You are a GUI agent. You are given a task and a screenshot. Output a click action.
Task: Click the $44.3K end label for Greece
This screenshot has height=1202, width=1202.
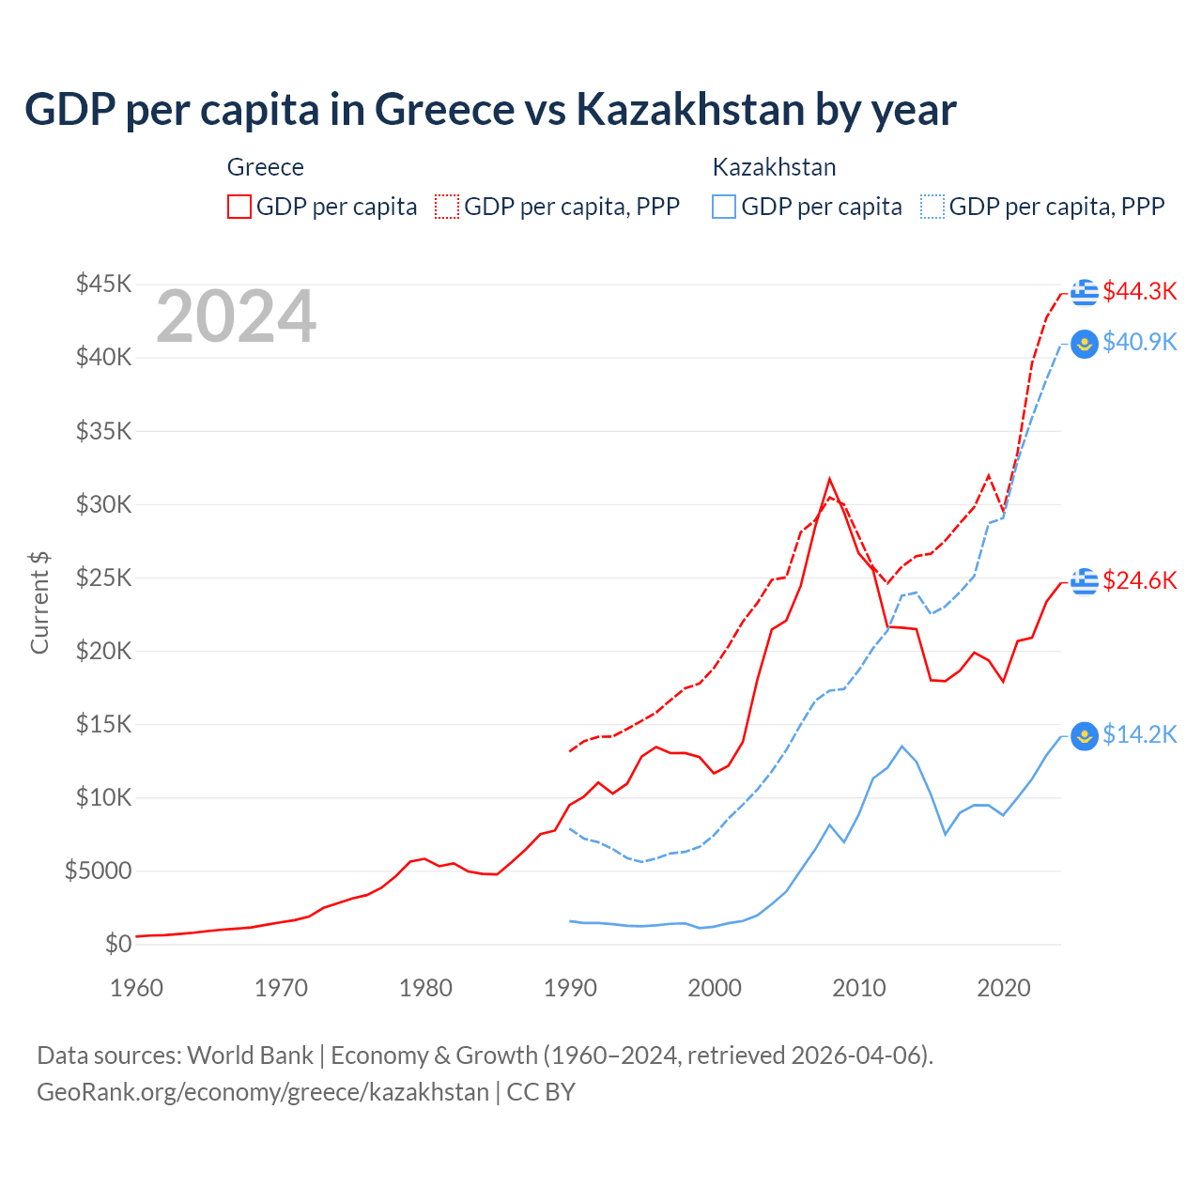tap(1139, 291)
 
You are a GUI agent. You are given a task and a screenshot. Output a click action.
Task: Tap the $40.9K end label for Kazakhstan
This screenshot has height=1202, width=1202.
tap(1139, 342)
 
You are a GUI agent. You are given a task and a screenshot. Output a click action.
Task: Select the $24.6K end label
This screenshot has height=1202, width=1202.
tap(1139, 580)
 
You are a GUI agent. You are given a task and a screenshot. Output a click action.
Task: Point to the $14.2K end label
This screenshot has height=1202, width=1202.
tap(1139, 734)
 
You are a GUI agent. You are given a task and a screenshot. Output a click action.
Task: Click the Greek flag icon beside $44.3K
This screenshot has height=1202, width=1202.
tap(1085, 292)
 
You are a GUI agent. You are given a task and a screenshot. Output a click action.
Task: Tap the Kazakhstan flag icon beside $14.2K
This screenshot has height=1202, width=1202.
tap(1085, 735)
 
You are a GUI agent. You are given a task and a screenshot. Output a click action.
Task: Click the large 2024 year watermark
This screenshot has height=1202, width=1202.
tap(236, 316)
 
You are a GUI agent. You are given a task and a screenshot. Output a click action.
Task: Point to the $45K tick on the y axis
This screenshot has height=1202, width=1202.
tap(103, 284)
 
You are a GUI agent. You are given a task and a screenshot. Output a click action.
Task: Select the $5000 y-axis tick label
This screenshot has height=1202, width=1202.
tap(98, 871)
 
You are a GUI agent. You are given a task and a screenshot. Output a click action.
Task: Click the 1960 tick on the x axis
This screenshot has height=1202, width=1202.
tap(136, 988)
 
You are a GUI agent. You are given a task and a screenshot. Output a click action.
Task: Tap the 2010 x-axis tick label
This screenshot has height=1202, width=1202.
tap(859, 988)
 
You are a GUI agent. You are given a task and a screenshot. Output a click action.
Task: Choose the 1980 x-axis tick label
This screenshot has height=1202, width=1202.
tap(425, 988)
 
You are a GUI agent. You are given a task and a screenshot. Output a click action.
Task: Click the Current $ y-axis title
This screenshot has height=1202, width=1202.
tap(39, 603)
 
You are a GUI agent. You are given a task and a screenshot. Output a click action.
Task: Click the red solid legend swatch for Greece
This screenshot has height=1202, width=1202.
tap(239, 207)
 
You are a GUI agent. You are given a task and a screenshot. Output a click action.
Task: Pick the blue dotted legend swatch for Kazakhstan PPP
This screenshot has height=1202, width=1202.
tap(932, 207)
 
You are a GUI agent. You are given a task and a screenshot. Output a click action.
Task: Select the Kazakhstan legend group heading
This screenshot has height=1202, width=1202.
tap(774, 167)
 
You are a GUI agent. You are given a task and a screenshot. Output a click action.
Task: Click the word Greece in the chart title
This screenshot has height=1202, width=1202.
tap(445, 109)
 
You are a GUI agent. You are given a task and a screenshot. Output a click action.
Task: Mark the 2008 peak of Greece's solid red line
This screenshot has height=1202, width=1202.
tap(829, 479)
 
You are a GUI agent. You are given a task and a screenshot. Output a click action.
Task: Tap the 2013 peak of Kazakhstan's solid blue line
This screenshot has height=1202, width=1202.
tap(901, 747)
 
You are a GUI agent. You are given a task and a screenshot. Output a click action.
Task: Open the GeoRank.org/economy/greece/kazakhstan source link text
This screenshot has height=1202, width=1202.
tap(263, 1092)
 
